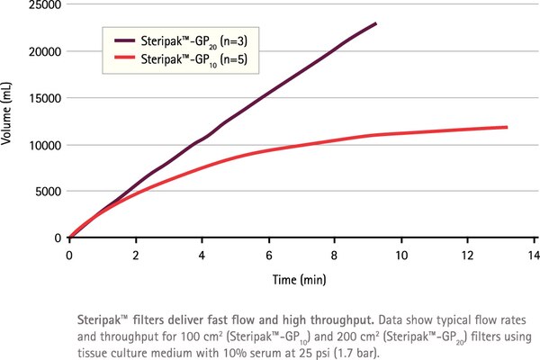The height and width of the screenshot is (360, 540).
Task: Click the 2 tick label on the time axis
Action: coord(136,255)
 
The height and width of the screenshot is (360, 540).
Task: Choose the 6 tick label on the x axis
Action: coord(268,255)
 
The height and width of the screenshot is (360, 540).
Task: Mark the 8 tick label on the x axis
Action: coord(335,255)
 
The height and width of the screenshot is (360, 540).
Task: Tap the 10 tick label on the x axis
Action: coord(400,255)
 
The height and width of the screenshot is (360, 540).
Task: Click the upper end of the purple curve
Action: coord(375,23)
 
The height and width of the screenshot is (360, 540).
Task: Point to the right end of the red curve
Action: coord(507,127)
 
